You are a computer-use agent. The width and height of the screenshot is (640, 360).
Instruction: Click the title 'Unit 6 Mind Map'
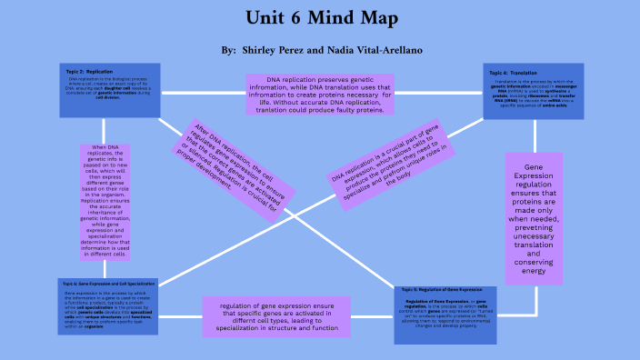click(319, 19)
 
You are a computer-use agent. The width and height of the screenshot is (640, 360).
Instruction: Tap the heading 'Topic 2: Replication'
click(89, 70)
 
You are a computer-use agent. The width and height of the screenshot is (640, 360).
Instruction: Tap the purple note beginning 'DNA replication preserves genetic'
click(319, 93)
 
